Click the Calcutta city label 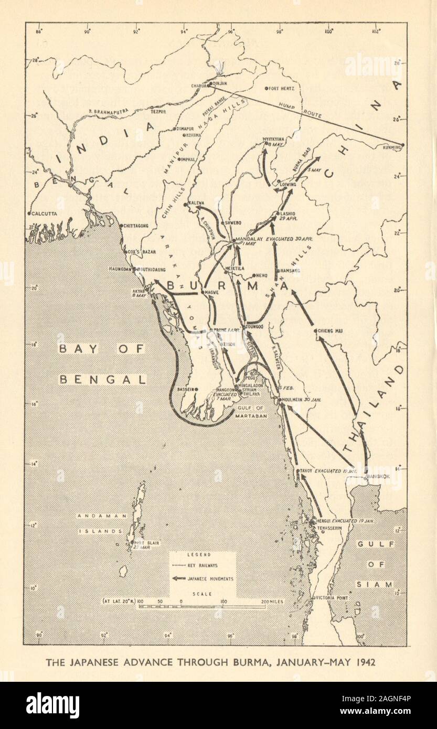tap(45, 214)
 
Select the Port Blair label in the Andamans tap(146, 542)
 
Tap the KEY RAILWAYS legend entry tap(202, 566)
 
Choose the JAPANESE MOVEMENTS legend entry tap(210, 579)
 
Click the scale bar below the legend tap(201, 607)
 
